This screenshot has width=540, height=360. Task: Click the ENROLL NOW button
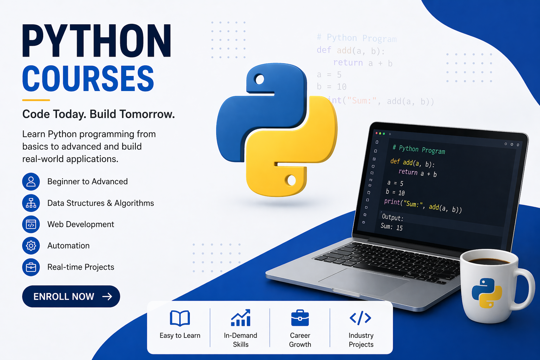(x=71, y=296)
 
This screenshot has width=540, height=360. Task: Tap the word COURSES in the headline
(x=88, y=78)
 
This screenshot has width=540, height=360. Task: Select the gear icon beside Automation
(x=31, y=246)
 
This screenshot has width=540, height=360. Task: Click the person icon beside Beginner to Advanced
(x=31, y=181)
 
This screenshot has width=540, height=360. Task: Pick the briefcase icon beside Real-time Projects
(x=31, y=267)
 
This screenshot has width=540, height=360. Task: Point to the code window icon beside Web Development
(x=31, y=224)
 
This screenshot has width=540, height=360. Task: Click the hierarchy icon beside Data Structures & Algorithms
(x=31, y=203)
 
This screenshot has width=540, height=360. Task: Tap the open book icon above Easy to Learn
(x=180, y=318)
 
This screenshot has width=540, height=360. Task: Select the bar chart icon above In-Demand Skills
(x=240, y=317)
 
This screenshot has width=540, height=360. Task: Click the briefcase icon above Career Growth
(x=300, y=318)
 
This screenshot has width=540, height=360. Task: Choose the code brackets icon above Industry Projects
(x=360, y=318)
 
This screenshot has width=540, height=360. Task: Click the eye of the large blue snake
(x=260, y=79)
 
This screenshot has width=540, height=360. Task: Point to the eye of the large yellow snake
(x=291, y=180)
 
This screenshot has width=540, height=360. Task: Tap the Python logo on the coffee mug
(x=487, y=293)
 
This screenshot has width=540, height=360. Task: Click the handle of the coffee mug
(x=526, y=289)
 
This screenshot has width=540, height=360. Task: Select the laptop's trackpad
(x=364, y=282)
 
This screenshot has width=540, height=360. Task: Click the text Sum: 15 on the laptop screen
(x=392, y=227)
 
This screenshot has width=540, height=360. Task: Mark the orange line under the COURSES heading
(x=36, y=100)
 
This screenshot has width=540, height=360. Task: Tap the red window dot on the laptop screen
(x=377, y=133)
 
